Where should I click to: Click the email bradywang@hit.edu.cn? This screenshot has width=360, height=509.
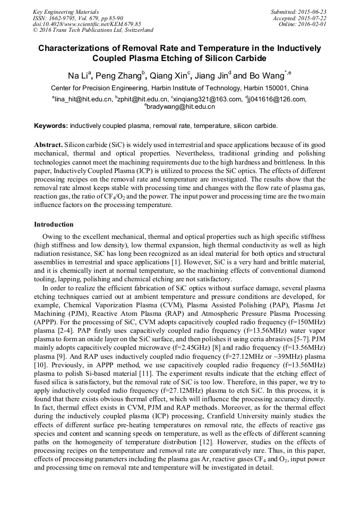point(181,107)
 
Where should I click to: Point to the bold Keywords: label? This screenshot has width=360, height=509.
point(51,126)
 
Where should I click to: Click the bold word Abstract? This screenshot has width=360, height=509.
point(48,145)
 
